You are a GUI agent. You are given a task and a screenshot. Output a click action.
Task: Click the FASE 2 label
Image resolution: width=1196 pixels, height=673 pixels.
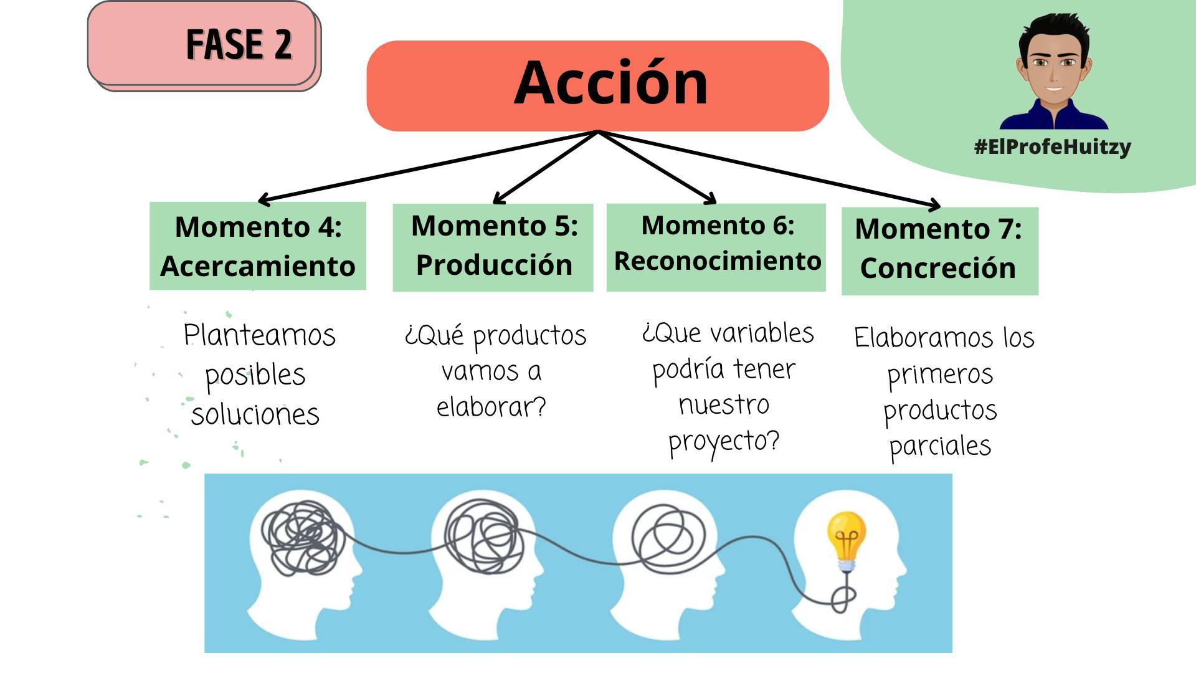coord(239,44)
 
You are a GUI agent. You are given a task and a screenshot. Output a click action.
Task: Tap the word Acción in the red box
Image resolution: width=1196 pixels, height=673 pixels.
coord(611,83)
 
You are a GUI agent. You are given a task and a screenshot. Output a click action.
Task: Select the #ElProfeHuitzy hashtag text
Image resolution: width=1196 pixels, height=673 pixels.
coord(1052,147)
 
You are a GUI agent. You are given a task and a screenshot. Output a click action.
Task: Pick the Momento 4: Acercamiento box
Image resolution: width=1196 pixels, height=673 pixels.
coord(257,246)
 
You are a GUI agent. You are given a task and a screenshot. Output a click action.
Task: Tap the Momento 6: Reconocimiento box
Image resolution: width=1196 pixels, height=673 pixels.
coord(716,247)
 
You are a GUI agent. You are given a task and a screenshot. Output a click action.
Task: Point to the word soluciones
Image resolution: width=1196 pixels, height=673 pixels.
coord(255,414)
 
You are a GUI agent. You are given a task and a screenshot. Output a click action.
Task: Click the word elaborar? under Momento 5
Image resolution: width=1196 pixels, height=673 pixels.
coord(491,407)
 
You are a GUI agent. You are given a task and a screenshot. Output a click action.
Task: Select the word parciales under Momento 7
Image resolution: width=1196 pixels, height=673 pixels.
coord(939,446)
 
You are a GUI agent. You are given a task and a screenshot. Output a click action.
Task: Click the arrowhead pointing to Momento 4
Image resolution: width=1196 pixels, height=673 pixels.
coord(262,200)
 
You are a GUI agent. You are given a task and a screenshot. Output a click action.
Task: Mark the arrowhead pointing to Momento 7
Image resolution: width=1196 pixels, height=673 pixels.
coord(934,204)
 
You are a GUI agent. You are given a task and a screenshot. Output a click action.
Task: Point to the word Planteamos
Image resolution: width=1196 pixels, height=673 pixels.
coord(259,336)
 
